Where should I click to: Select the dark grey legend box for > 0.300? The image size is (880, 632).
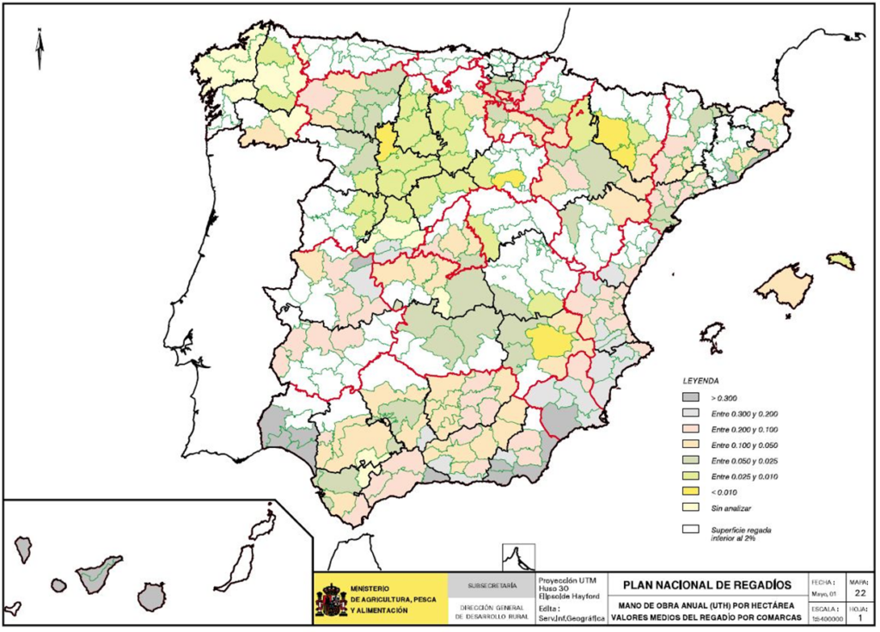pos(692,398)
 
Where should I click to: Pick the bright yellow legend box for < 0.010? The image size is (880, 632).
pos(692,493)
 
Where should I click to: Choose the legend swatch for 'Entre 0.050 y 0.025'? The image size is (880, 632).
pos(692,461)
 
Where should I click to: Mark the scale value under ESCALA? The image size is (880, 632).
pos(822,618)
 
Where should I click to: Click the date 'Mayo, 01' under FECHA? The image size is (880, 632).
pos(822,592)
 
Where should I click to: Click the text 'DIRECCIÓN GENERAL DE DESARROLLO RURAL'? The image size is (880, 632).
pos(492,611)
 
